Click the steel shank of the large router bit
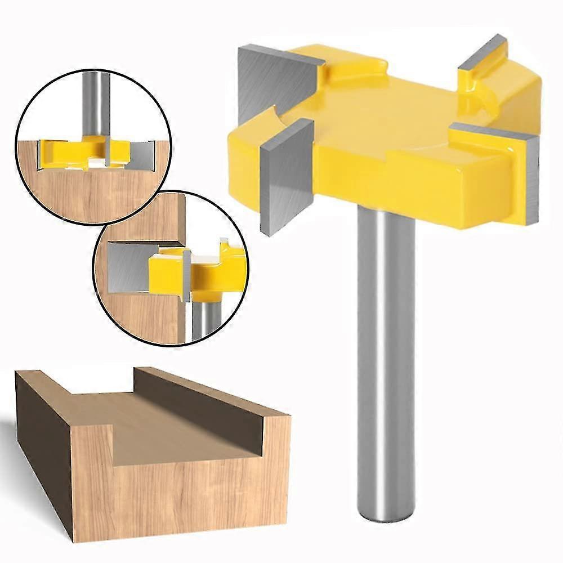386,338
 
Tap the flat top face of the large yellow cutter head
383,113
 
